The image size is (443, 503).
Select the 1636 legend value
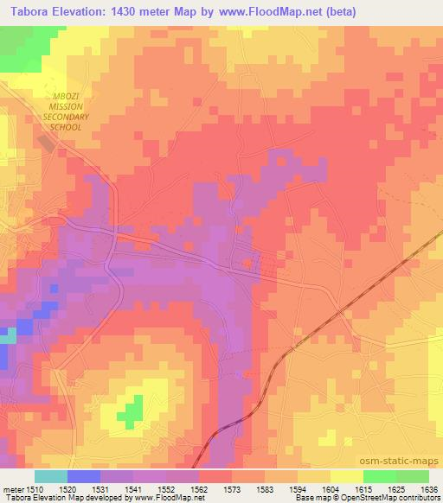coord(430,488)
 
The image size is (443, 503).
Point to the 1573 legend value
coord(233,488)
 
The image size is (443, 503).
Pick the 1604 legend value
coord(331,488)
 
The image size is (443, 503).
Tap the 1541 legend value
coord(134,488)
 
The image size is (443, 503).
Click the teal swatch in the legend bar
coord(51,476)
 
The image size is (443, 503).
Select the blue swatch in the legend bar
coord(84,476)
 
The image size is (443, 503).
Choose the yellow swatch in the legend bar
coord(347,476)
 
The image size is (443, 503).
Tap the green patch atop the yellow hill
coord(132,411)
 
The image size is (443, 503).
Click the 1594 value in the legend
coord(299,488)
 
